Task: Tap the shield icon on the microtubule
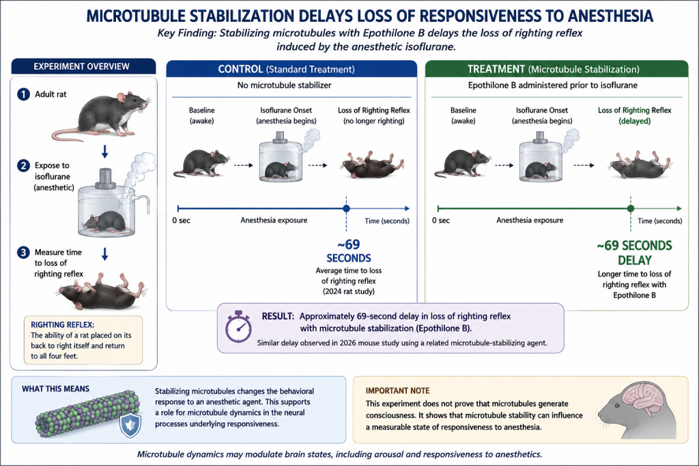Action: click(130, 426)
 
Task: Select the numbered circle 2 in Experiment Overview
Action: click(23, 166)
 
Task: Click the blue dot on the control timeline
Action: click(346, 209)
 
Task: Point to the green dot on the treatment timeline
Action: click(630, 209)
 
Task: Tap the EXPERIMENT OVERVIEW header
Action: click(83, 66)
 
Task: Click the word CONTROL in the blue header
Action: click(240, 69)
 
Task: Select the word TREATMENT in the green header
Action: click(496, 69)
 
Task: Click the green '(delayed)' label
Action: click(634, 121)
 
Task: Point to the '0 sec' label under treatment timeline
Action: click(440, 220)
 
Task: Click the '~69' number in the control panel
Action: click(348, 244)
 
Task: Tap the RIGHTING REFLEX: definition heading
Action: click(62, 325)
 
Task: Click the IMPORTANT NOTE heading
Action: click(398, 391)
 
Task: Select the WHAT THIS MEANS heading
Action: click(56, 389)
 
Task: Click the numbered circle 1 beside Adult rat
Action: click(23, 94)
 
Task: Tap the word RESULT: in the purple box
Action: click(279, 317)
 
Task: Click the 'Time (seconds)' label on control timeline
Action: click(387, 221)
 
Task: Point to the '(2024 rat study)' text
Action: click(349, 292)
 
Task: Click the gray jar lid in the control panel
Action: click(280, 138)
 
